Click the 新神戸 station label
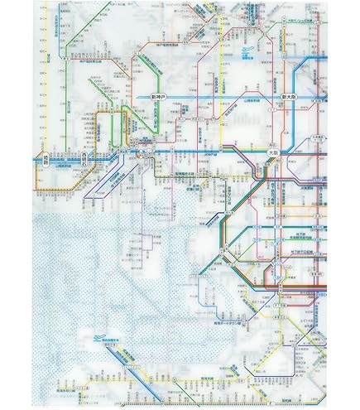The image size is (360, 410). (x=160, y=98)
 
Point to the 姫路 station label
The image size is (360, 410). (x=45, y=161)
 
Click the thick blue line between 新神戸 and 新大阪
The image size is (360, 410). (x=223, y=98)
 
